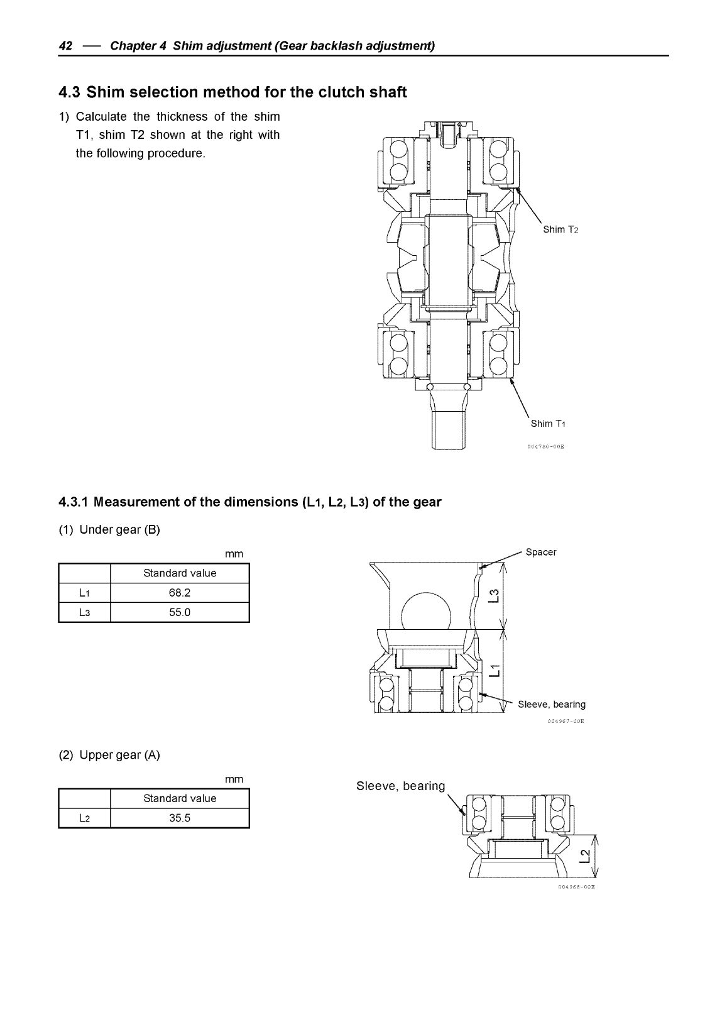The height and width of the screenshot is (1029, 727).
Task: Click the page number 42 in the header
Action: coord(65,46)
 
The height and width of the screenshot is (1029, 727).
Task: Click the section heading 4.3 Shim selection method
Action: coord(232,92)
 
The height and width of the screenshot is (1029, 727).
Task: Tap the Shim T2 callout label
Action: coord(560,229)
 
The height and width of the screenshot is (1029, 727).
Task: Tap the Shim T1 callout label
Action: coord(549,424)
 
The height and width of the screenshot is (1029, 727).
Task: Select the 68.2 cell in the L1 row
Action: coord(180,593)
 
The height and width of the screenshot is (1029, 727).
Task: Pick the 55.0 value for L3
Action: coord(180,612)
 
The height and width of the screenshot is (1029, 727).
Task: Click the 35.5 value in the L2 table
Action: coord(180,818)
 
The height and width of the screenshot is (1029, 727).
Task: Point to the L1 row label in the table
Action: coord(84,593)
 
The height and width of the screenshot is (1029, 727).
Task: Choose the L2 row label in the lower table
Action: coord(84,818)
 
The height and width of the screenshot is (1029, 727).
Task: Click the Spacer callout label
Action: coord(540,553)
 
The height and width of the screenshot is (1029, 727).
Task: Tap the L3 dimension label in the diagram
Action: coord(495,595)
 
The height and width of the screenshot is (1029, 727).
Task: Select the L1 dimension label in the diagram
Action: coord(495,671)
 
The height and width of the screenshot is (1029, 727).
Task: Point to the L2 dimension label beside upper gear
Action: coord(584,856)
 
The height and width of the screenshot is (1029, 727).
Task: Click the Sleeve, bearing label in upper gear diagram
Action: coord(400,786)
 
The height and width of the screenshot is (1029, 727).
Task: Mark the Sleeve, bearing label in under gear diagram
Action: coord(551,704)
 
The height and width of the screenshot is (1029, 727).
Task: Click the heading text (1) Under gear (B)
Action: coord(109,530)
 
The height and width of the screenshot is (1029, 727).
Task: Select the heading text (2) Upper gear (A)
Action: coord(109,755)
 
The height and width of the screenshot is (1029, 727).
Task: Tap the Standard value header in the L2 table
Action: coord(180,798)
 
